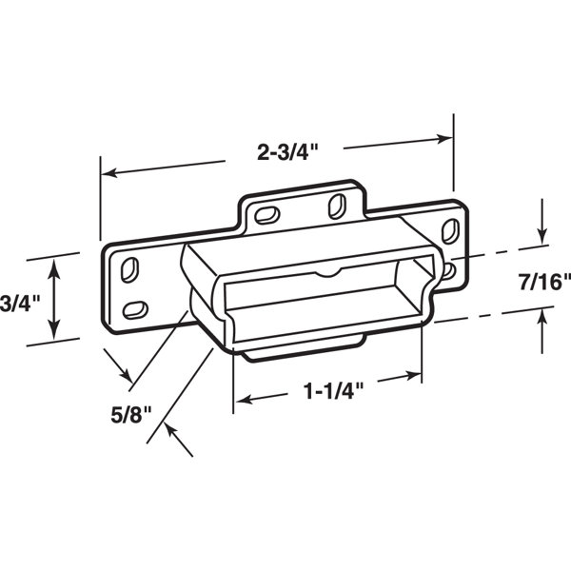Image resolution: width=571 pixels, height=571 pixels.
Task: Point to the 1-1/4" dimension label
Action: coord(326,391)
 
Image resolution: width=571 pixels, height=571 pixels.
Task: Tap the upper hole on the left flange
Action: coord(132,268)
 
